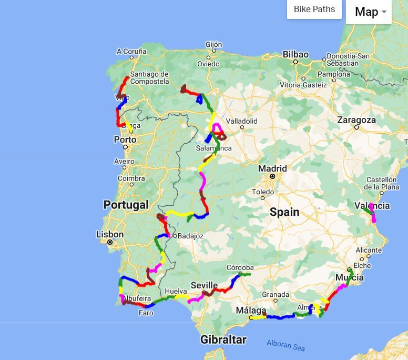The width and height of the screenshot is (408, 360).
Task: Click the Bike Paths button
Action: pos(314,9)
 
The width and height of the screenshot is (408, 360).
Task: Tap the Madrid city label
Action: pos(272,168)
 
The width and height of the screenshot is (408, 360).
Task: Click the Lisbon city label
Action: pos(110,234)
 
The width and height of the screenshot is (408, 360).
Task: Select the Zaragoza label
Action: pos(356,120)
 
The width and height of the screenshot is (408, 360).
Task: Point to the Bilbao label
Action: pos(295,54)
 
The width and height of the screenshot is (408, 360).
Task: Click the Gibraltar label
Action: pos(223,339)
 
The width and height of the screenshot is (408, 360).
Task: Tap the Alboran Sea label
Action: pos(285,345)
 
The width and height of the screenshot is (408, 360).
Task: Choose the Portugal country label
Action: pos(126,205)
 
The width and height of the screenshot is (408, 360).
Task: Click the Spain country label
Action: pos(284,212)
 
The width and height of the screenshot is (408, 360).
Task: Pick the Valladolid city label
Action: pos(241,121)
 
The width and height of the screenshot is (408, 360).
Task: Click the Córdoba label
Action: pos(240,267)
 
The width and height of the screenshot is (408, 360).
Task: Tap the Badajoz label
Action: pos(190,236)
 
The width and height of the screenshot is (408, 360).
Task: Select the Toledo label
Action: pos(263,192)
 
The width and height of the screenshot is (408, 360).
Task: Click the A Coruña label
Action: pos(131,51)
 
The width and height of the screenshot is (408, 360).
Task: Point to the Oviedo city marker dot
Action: pos(208,57)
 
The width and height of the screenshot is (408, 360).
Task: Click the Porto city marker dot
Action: pos(125,147)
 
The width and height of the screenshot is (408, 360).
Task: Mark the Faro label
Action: pos(146,313)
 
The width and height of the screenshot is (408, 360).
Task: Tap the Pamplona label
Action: pos(333,74)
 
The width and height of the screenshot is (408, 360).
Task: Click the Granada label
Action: pos(276,294)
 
